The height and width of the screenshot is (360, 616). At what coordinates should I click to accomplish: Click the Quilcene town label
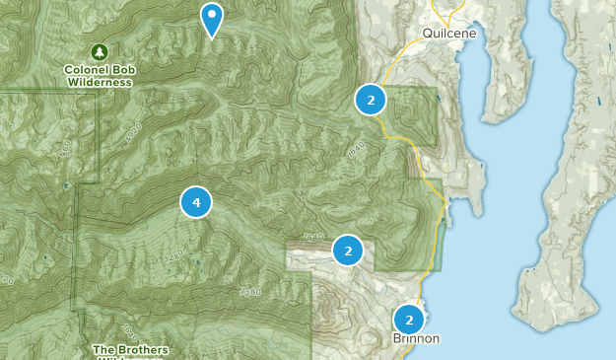tap(448, 33)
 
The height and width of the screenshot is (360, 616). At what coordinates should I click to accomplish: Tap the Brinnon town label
tap(415, 338)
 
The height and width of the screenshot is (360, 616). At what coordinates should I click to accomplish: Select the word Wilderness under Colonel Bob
tap(100, 83)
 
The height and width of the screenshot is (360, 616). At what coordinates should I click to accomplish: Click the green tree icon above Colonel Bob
tap(99, 51)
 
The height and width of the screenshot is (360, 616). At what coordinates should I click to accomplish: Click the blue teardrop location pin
tap(211, 18)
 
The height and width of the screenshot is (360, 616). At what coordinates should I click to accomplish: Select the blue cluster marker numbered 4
tap(196, 202)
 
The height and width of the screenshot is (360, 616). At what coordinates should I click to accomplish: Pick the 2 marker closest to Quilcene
tap(371, 99)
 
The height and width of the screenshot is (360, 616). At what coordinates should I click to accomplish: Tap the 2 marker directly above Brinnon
tap(409, 319)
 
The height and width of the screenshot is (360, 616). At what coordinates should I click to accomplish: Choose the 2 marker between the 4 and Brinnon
tap(348, 250)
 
